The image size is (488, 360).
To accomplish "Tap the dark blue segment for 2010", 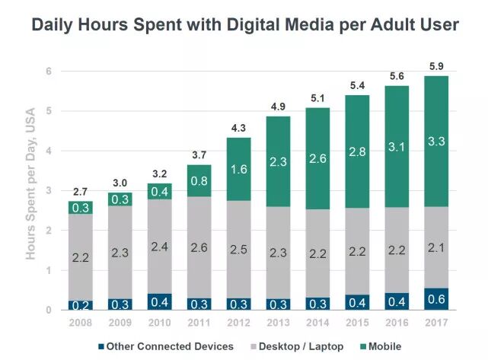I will [x=160, y=301].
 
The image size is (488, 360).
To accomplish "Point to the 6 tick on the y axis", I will [x=48, y=72].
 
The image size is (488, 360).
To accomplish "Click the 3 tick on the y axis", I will [x=48, y=191].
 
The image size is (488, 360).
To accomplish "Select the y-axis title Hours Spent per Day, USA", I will [x=31, y=190].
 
